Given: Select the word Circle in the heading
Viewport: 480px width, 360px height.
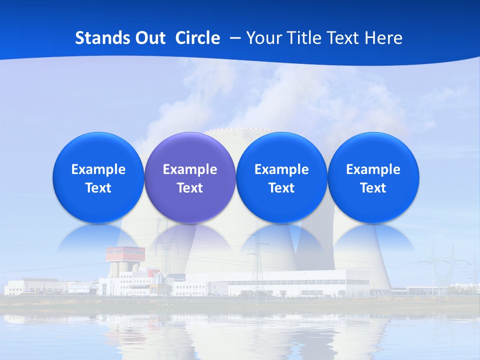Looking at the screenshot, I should tap(197, 38).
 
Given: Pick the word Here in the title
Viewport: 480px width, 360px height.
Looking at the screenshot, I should tap(383, 38).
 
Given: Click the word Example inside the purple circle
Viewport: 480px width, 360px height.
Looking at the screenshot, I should tap(190, 169).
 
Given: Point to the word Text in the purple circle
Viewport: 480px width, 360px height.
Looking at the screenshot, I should tap(190, 188).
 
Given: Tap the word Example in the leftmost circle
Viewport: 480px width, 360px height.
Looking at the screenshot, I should tap(98, 169).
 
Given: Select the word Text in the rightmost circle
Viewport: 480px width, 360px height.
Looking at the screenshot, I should tap(373, 188).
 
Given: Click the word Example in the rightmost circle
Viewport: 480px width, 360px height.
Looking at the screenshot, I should tap(373, 169).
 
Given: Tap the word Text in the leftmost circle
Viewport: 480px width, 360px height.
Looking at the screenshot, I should tap(98, 188).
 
